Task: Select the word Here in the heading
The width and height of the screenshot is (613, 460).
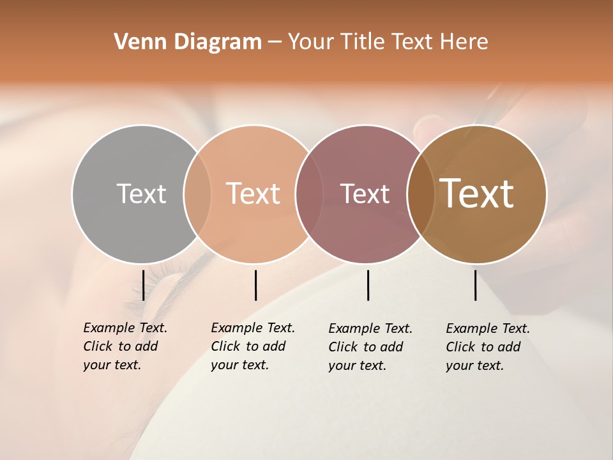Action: (x=464, y=42)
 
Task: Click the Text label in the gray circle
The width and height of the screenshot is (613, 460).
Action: (x=141, y=194)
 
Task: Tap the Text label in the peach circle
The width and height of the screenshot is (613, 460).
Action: (x=254, y=194)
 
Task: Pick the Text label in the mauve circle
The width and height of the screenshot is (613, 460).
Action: (x=365, y=194)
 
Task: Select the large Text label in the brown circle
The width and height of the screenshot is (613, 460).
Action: (x=477, y=194)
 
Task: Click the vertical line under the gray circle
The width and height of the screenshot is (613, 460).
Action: (x=143, y=285)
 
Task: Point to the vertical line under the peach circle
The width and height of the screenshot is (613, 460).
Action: (x=255, y=285)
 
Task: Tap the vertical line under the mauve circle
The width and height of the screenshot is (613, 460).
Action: (x=368, y=285)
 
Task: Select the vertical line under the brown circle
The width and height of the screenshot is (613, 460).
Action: (x=475, y=285)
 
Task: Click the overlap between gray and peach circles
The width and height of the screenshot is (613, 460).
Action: (x=197, y=194)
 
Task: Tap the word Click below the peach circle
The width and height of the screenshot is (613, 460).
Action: (x=225, y=346)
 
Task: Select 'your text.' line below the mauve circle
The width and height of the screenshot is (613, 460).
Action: (x=357, y=365)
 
